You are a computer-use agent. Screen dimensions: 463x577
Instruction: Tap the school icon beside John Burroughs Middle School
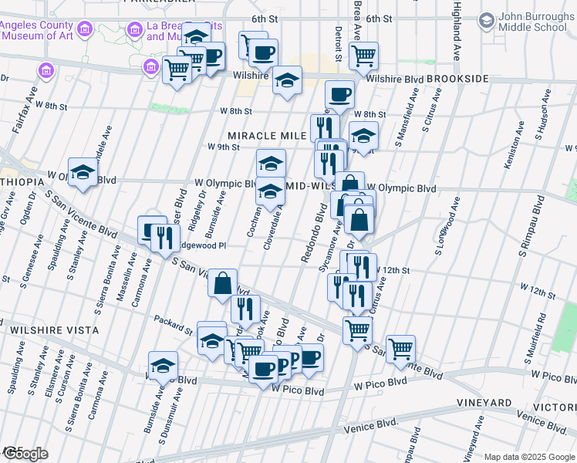487,21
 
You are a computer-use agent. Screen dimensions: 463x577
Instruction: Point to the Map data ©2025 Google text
529,457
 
